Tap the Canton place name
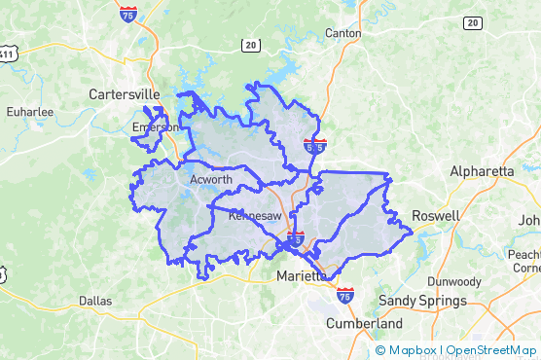coord(342,33)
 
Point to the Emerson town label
coord(157,126)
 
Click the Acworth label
coord(210,179)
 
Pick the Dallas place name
coord(95,301)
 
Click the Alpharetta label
coord(481,171)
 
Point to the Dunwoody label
coord(453,281)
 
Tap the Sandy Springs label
coord(422,301)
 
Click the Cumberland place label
coord(364,323)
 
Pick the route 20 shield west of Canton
coord(251,45)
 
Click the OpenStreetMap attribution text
coord(491,350)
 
